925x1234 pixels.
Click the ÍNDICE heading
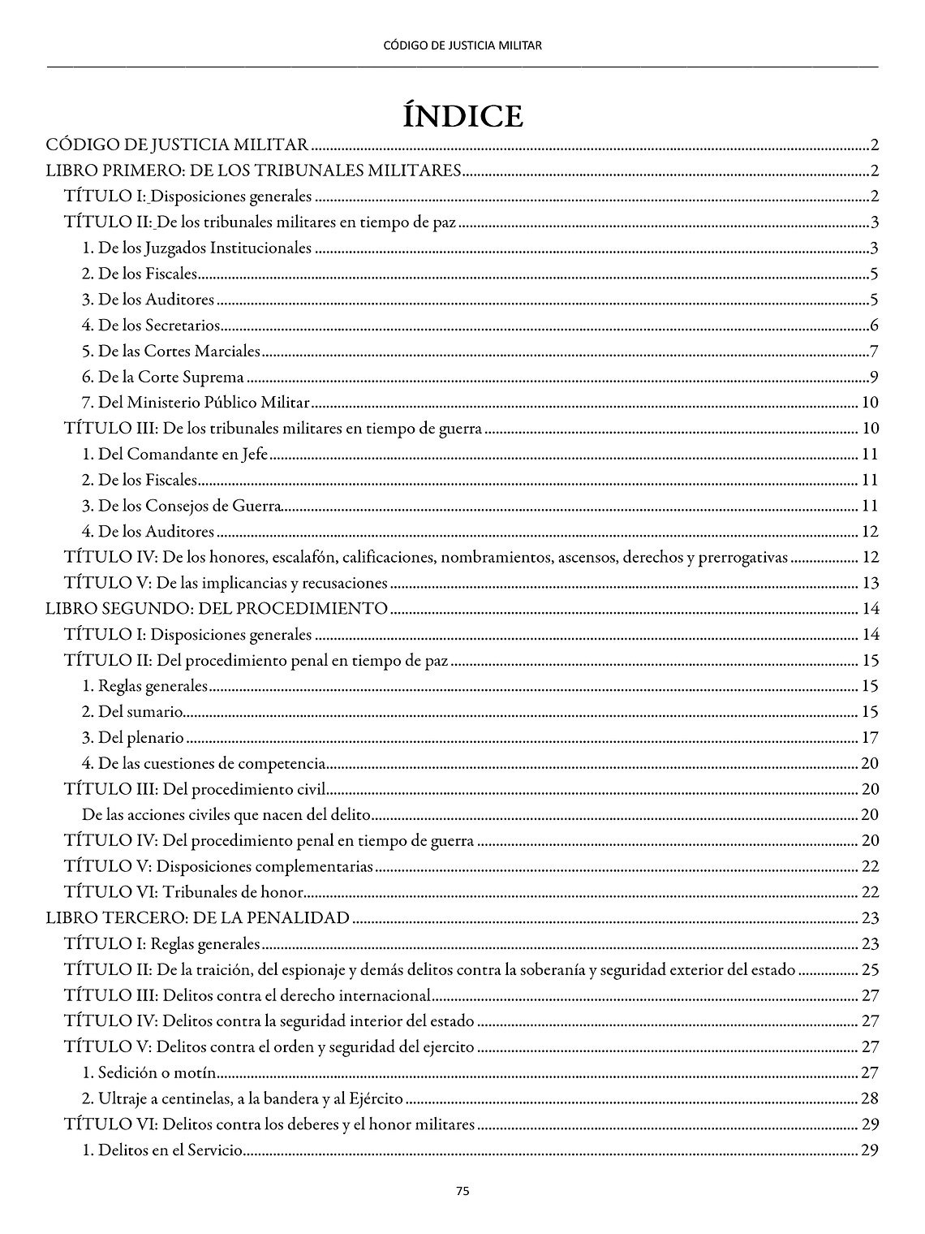[x=462, y=116]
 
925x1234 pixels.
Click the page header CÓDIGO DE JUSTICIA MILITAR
[x=462, y=45]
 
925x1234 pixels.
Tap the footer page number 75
[x=462, y=1192]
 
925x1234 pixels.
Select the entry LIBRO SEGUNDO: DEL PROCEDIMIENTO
[x=217, y=609]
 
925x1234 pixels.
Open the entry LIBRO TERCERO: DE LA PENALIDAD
[x=198, y=918]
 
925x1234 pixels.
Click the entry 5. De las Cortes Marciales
[x=171, y=352]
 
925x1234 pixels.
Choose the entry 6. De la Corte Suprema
[x=163, y=378]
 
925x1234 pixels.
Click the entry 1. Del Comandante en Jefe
[x=174, y=455]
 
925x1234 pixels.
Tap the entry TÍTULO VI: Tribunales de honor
[x=184, y=893]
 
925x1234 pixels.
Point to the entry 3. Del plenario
[x=133, y=739]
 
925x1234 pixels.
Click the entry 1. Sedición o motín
[x=149, y=1073]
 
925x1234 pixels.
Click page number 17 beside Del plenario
[x=870, y=739]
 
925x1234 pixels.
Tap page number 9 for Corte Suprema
[x=874, y=378]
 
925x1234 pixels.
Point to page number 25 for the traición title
[x=870, y=970]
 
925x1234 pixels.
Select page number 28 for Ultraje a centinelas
[x=870, y=1099]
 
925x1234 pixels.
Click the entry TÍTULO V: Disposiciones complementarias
[x=218, y=867]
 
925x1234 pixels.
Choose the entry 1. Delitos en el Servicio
[x=162, y=1150]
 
